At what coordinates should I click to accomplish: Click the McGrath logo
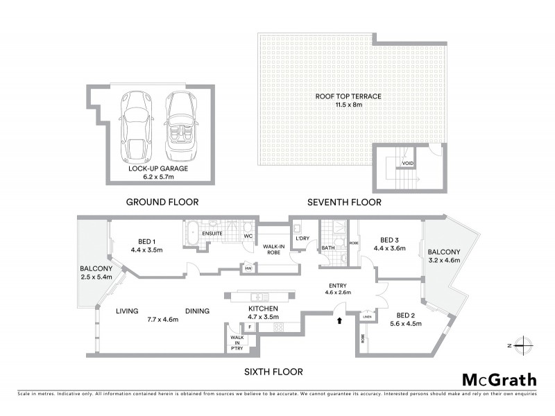click(x=499, y=379)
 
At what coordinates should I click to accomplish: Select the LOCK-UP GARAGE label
click(x=151, y=168)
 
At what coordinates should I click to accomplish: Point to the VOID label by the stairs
click(x=408, y=164)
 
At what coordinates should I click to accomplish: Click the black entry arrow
click(x=339, y=321)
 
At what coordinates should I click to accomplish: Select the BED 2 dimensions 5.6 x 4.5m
click(x=404, y=323)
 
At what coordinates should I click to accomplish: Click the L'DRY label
click(x=302, y=239)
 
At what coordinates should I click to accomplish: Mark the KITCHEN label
click(x=264, y=308)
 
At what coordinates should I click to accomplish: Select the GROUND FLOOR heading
click(x=162, y=202)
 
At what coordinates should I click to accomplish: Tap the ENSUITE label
click(x=212, y=234)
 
